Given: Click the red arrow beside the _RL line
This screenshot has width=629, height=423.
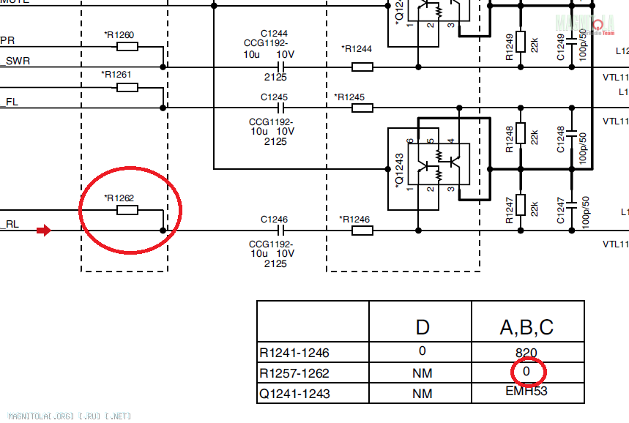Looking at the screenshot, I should click(44, 231).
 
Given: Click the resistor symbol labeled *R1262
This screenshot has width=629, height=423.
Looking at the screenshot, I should click(127, 211).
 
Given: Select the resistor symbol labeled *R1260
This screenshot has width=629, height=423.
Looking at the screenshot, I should click(127, 47).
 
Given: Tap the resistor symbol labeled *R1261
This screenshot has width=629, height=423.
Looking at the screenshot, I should click(127, 88).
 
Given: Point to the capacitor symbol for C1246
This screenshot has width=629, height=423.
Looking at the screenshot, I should click(278, 231).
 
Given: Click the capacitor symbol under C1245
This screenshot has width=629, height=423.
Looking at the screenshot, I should click(278, 108).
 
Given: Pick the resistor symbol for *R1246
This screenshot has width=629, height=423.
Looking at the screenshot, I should click(362, 231).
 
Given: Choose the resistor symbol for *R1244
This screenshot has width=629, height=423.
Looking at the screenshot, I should click(362, 67).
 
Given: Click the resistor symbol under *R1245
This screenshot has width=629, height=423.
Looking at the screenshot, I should click(362, 108).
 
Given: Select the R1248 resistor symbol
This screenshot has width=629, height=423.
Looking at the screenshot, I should click(521, 133).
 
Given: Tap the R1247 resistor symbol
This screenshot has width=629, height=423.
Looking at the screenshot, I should click(521, 205).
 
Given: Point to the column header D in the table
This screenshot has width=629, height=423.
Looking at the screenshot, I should click(423, 326).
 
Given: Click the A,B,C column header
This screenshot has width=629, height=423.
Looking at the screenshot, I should click(526, 326).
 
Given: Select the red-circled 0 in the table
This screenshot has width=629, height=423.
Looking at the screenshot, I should click(526, 372).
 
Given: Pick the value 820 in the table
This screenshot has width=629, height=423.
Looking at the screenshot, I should click(526, 351).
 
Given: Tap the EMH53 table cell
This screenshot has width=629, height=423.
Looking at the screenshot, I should click(526, 391).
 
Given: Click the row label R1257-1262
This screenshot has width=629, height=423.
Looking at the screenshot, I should click(294, 373).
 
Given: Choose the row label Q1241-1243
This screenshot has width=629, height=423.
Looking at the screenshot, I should click(294, 394).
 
